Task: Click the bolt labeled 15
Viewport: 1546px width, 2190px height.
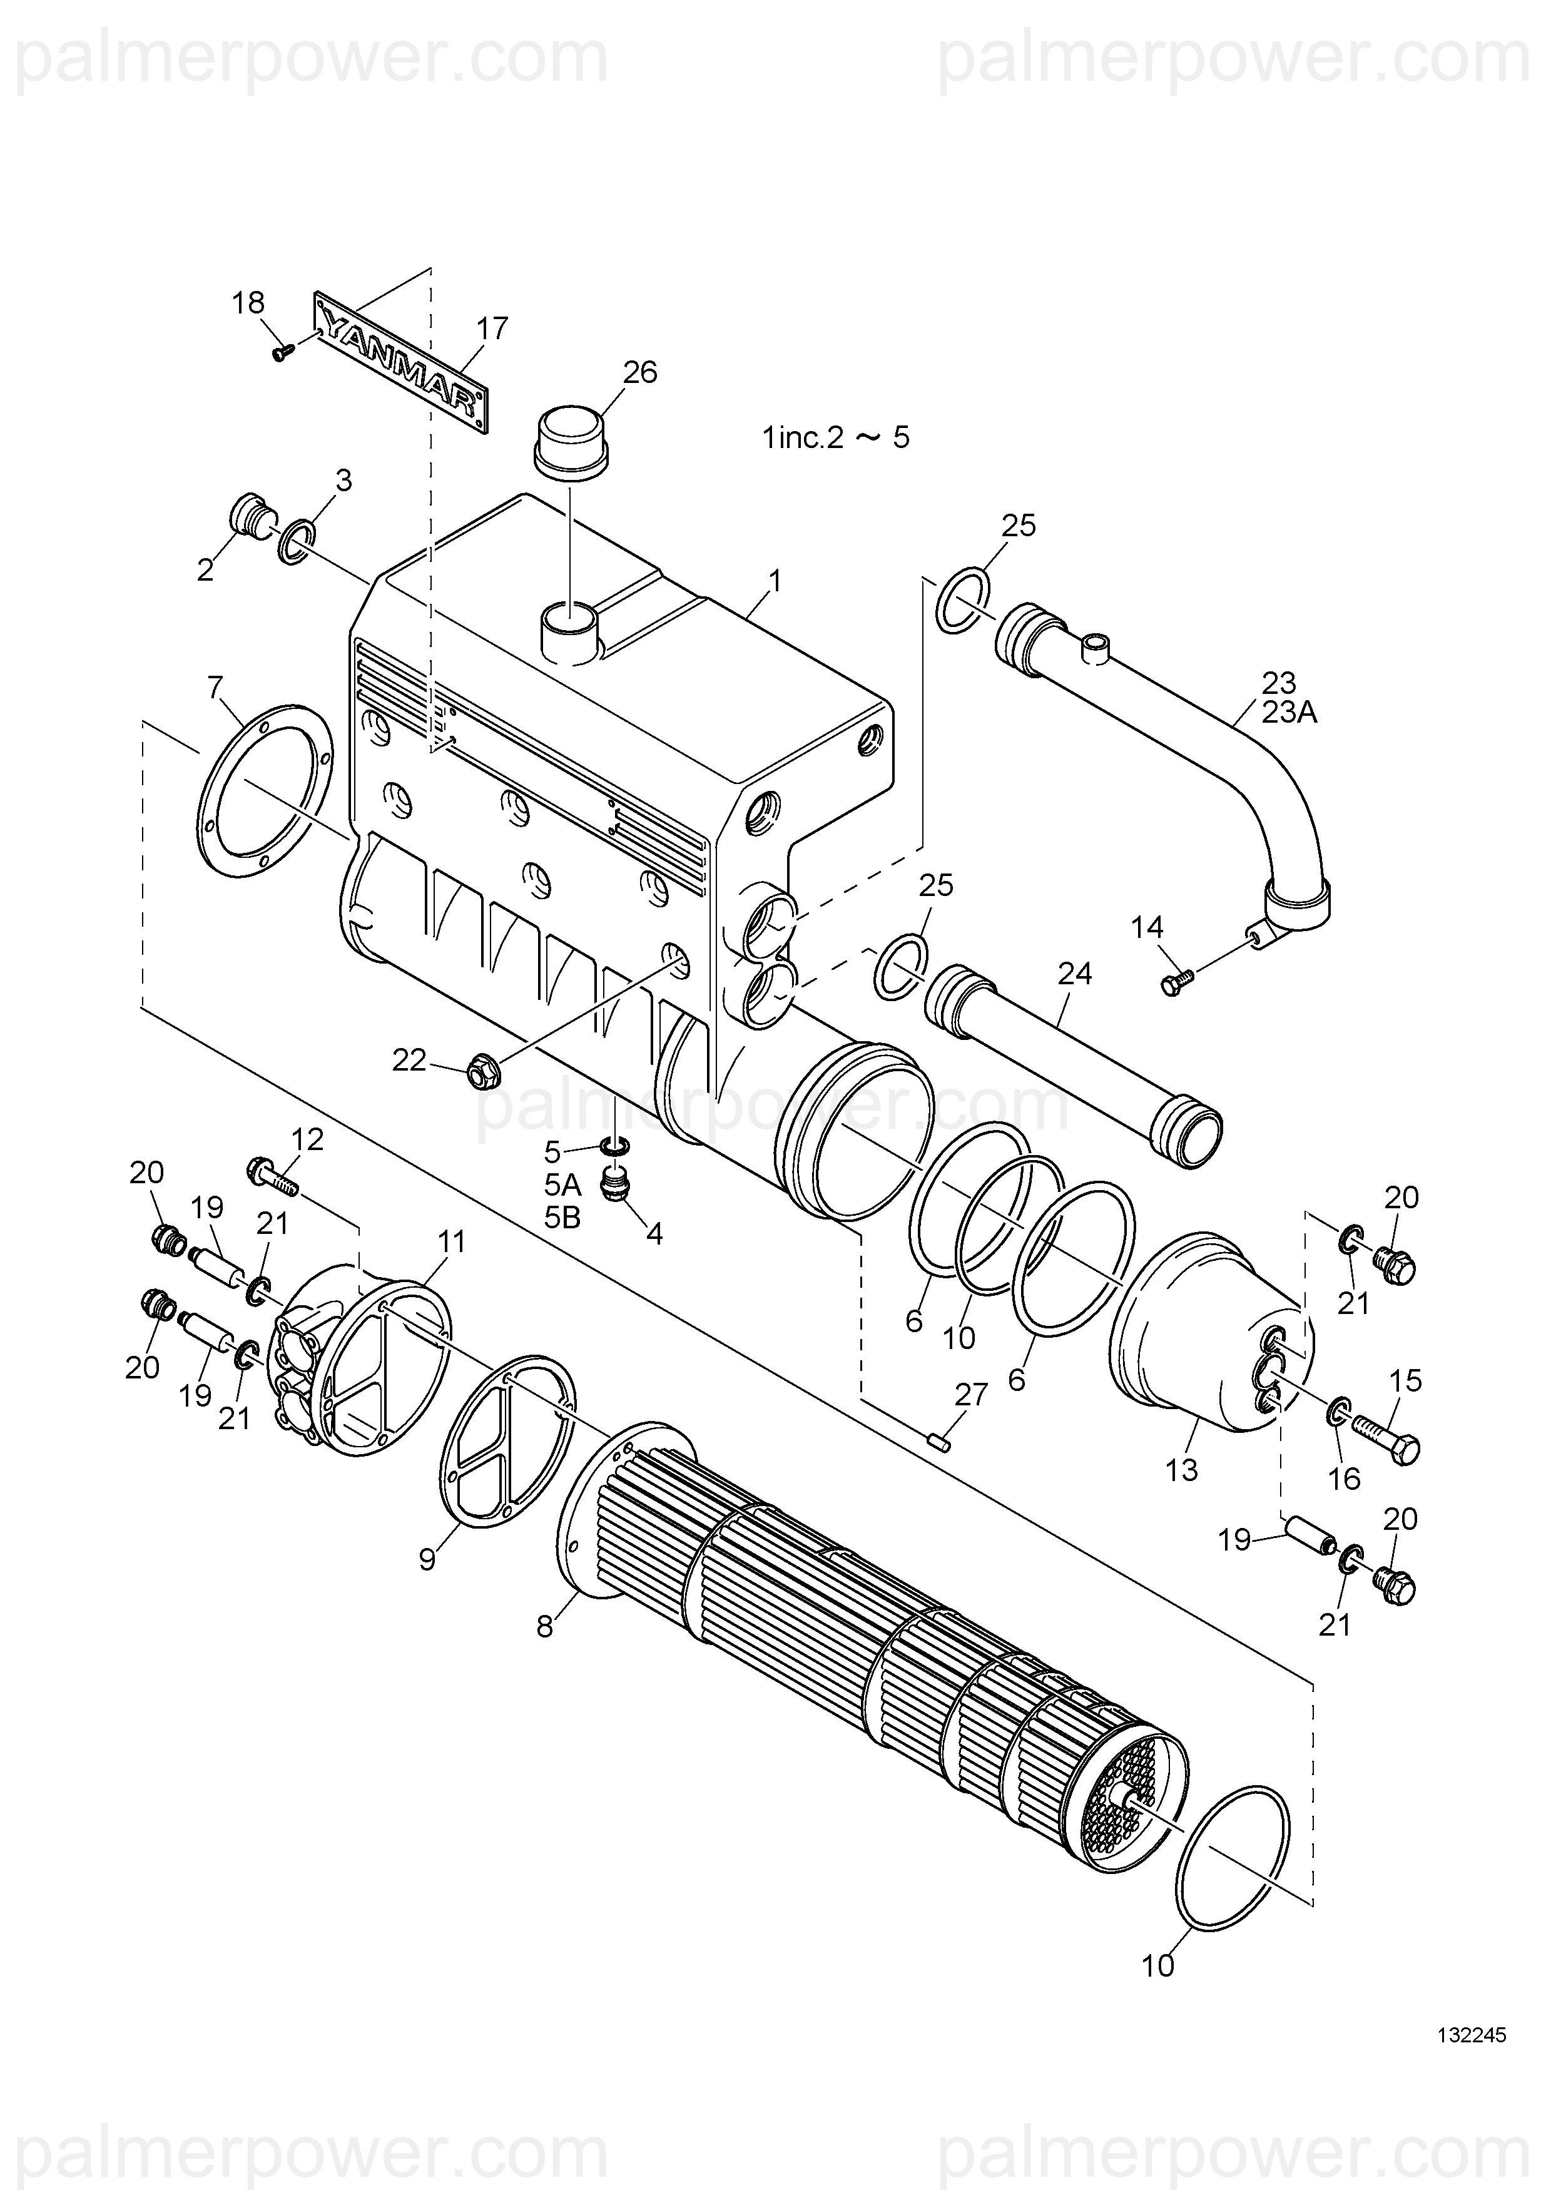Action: tap(1388, 1447)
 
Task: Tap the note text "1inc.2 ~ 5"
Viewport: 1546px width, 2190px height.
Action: tap(835, 438)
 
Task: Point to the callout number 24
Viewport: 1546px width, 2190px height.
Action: tap(1075, 973)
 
